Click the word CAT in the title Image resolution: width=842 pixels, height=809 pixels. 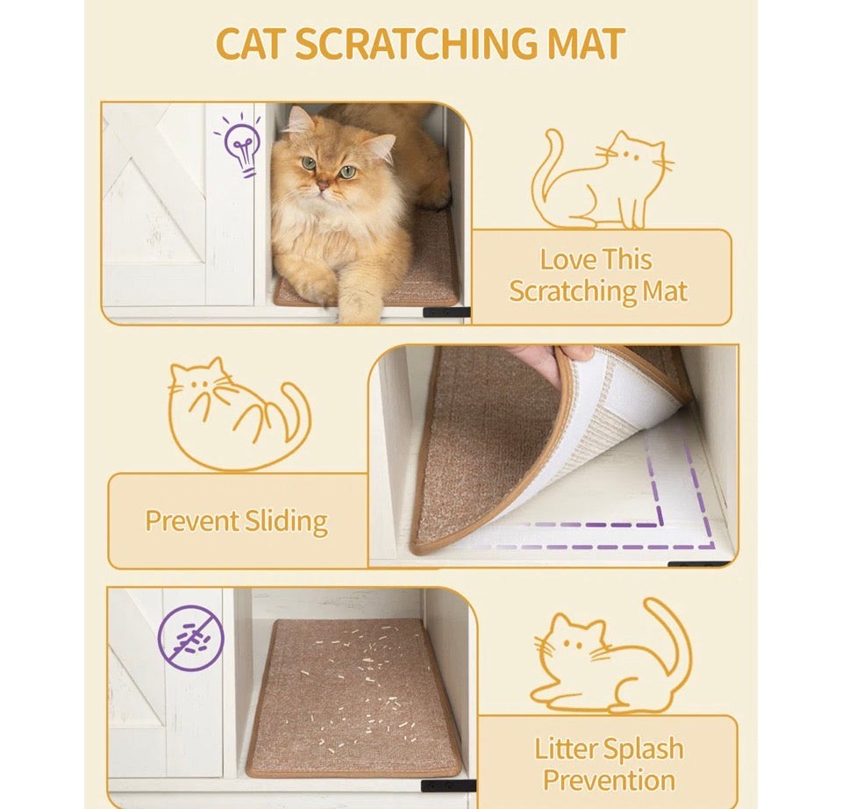[251, 45]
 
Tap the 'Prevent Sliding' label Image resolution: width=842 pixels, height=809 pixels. [236, 520]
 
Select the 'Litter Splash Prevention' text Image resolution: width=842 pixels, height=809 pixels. [609, 763]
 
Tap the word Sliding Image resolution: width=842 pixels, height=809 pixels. [283, 520]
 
